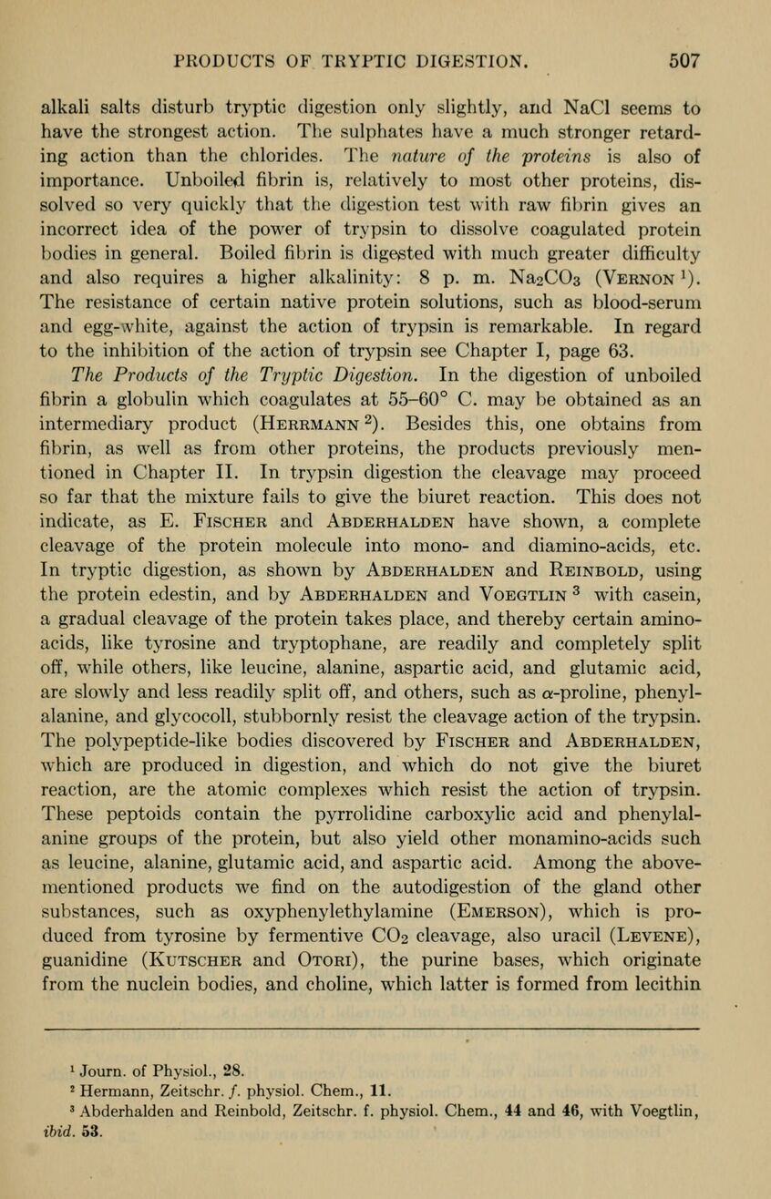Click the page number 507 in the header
click(x=683, y=62)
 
